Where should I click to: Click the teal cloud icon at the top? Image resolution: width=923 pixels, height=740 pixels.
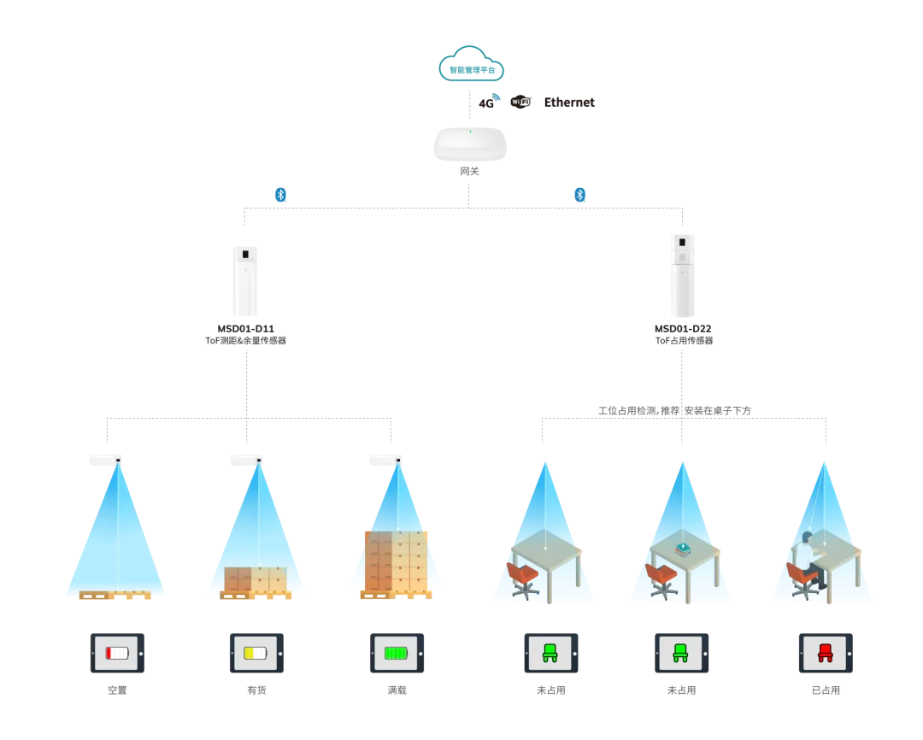tap(471, 63)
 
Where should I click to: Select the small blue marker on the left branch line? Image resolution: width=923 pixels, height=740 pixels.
tap(280, 195)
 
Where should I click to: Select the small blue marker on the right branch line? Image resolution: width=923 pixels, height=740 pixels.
tap(580, 195)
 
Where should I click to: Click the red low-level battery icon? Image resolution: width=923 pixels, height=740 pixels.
tap(118, 653)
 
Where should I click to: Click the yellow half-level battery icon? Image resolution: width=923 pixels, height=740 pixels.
tap(256, 653)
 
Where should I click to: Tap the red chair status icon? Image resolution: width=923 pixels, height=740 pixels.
tap(825, 653)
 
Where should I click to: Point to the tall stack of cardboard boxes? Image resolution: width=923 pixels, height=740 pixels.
tap(396, 560)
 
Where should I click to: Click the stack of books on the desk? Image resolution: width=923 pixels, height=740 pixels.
tap(683, 549)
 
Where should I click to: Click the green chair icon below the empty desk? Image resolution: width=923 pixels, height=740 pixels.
tap(550, 653)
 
